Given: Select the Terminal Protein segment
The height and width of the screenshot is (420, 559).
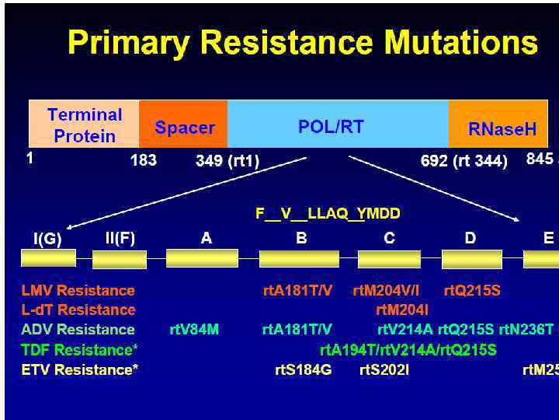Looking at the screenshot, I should [85, 124].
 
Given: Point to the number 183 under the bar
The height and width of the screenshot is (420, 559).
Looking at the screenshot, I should [144, 160].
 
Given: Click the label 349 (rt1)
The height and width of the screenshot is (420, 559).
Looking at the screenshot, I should [227, 161].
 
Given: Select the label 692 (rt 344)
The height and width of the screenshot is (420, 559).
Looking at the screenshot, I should [464, 161].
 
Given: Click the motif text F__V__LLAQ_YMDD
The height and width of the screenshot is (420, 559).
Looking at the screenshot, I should [328, 213].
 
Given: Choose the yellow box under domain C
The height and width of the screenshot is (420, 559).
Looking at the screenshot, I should [389, 258].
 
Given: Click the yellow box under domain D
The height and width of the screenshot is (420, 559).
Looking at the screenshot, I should [469, 258].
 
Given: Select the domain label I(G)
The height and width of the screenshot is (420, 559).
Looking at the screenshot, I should [47, 240].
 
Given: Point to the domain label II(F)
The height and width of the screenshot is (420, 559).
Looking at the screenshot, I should [120, 238].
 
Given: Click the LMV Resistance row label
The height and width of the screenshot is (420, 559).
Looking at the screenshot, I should [78, 291].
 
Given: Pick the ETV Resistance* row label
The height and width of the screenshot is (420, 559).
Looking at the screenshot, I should [80, 369].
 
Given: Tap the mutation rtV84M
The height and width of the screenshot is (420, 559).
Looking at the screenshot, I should [194, 330].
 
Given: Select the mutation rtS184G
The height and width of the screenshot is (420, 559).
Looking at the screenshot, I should [303, 369].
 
